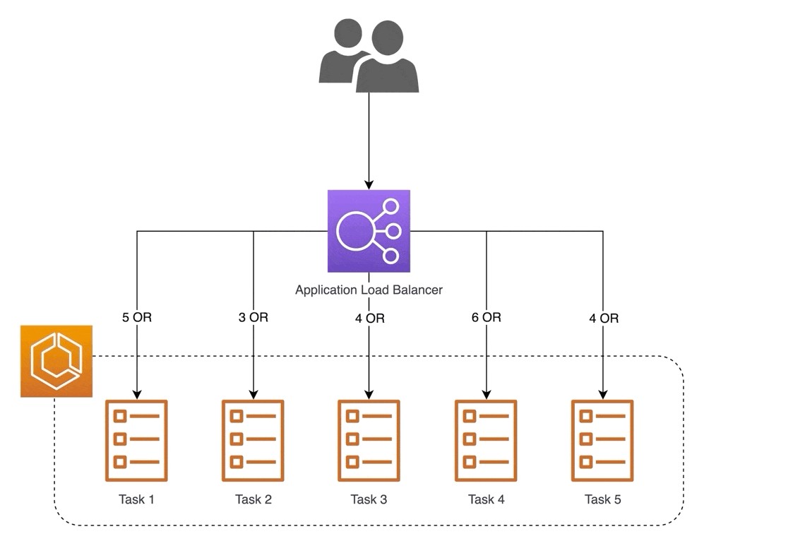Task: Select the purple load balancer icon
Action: (x=369, y=231)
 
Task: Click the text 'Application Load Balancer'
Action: (x=369, y=290)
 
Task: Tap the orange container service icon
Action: (x=56, y=361)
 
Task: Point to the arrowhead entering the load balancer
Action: (x=369, y=184)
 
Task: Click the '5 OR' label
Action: (x=136, y=318)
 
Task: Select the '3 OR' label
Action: (x=254, y=318)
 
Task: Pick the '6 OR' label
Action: (x=487, y=318)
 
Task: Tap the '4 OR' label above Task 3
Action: (x=370, y=319)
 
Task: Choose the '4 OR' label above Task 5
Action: (x=604, y=319)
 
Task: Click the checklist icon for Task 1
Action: (x=136, y=440)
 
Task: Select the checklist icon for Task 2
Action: (x=253, y=440)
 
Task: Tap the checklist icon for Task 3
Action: (x=369, y=440)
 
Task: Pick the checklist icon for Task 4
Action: (x=486, y=440)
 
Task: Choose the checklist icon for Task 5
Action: (x=602, y=440)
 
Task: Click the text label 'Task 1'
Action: (x=136, y=500)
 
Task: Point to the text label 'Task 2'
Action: (x=253, y=500)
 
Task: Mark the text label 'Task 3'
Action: (x=369, y=500)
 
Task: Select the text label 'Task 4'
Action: (x=486, y=500)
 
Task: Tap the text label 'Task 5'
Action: (x=602, y=500)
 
